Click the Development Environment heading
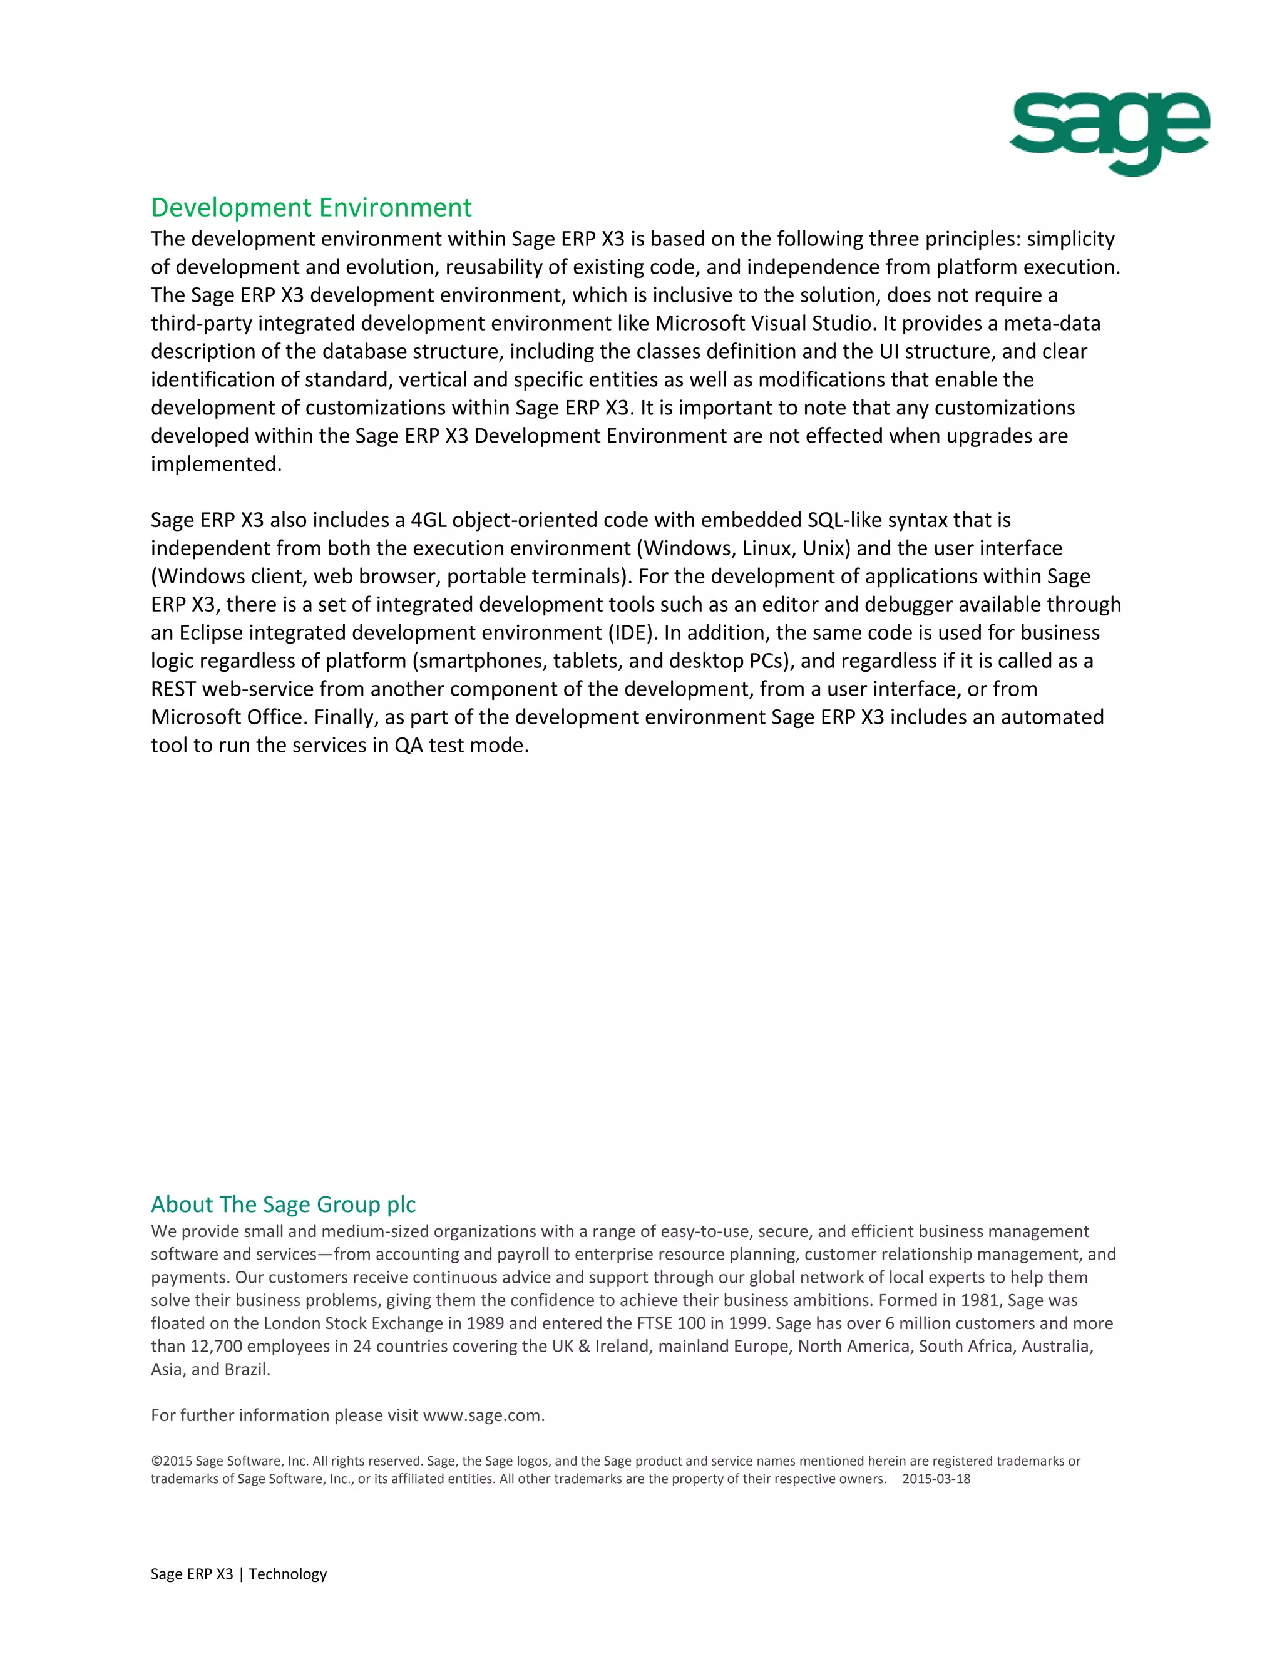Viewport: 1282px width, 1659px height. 310,207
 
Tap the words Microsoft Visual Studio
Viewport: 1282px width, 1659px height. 762,324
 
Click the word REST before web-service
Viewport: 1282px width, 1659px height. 173,689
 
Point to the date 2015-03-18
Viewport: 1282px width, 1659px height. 936,1479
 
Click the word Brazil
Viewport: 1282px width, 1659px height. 246,1369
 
